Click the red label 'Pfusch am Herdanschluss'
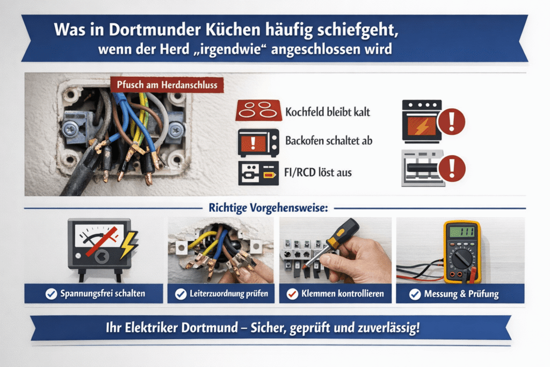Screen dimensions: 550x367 pyautogui.click(x=167, y=84)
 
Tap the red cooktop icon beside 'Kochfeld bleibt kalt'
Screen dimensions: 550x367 pyautogui.click(x=258, y=111)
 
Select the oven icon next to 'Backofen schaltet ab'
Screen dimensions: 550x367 pyautogui.click(x=258, y=142)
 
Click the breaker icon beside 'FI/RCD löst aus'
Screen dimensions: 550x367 pyautogui.click(x=258, y=173)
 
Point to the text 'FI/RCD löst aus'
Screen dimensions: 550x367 pyautogui.click(x=318, y=172)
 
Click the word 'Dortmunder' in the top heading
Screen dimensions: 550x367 pyautogui.click(x=154, y=30)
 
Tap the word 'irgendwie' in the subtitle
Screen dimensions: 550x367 pyautogui.click(x=230, y=49)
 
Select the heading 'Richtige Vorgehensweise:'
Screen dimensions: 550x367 pyautogui.click(x=269, y=208)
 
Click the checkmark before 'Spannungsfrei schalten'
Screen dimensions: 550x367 pyautogui.click(x=51, y=294)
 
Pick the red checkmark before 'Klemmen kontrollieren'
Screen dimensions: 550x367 pyautogui.click(x=292, y=294)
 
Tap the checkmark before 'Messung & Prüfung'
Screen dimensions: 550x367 pyautogui.click(x=415, y=294)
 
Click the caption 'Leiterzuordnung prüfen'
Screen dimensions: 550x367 pyautogui.click(x=229, y=294)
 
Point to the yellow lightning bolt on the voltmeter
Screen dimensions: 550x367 pyautogui.click(x=128, y=244)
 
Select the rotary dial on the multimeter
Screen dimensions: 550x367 pyautogui.click(x=461, y=258)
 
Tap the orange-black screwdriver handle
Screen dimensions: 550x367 pyautogui.click(x=343, y=233)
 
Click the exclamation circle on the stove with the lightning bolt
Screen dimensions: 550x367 pyautogui.click(x=451, y=122)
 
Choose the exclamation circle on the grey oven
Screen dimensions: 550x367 pyautogui.click(x=452, y=168)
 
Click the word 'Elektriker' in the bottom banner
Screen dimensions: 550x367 pyautogui.click(x=151, y=328)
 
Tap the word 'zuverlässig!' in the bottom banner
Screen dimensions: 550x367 pyautogui.click(x=389, y=328)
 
